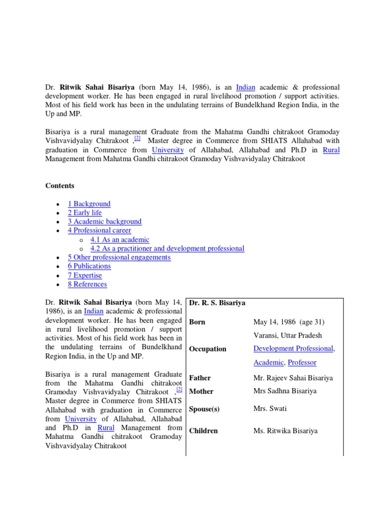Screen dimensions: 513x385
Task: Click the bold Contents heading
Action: pyautogui.click(x=60, y=186)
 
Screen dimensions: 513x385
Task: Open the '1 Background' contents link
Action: pyautogui.click(x=89, y=204)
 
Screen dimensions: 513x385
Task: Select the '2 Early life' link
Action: pyautogui.click(x=85, y=213)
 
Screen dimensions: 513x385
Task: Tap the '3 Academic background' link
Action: pyautogui.click(x=105, y=221)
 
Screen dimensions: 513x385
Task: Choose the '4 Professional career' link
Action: pyautogui.click(x=99, y=230)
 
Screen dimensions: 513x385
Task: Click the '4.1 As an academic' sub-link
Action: pyautogui.click(x=120, y=239)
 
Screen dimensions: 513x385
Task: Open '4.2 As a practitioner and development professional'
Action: pyautogui.click(x=167, y=248)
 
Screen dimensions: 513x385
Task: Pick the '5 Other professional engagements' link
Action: pyautogui.click(x=119, y=258)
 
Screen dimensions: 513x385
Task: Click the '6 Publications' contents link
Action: pyautogui.click(x=89, y=267)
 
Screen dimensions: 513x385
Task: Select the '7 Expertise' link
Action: pyautogui.click(x=85, y=276)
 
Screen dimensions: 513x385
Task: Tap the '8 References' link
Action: pyautogui.click(x=87, y=285)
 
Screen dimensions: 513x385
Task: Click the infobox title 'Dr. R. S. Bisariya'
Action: pyautogui.click(x=217, y=304)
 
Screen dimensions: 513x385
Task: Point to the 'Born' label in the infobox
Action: pyautogui.click(x=197, y=322)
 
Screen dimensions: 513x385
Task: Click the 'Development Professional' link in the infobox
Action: pyautogui.click(x=293, y=349)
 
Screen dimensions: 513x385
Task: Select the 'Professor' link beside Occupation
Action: pyautogui.click(x=302, y=362)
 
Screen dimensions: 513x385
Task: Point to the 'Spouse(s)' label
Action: pyautogui.click(x=204, y=409)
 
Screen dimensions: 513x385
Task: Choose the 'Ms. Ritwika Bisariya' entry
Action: pyautogui.click(x=285, y=431)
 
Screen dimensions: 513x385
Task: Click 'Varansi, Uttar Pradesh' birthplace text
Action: pyautogui.click(x=288, y=336)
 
